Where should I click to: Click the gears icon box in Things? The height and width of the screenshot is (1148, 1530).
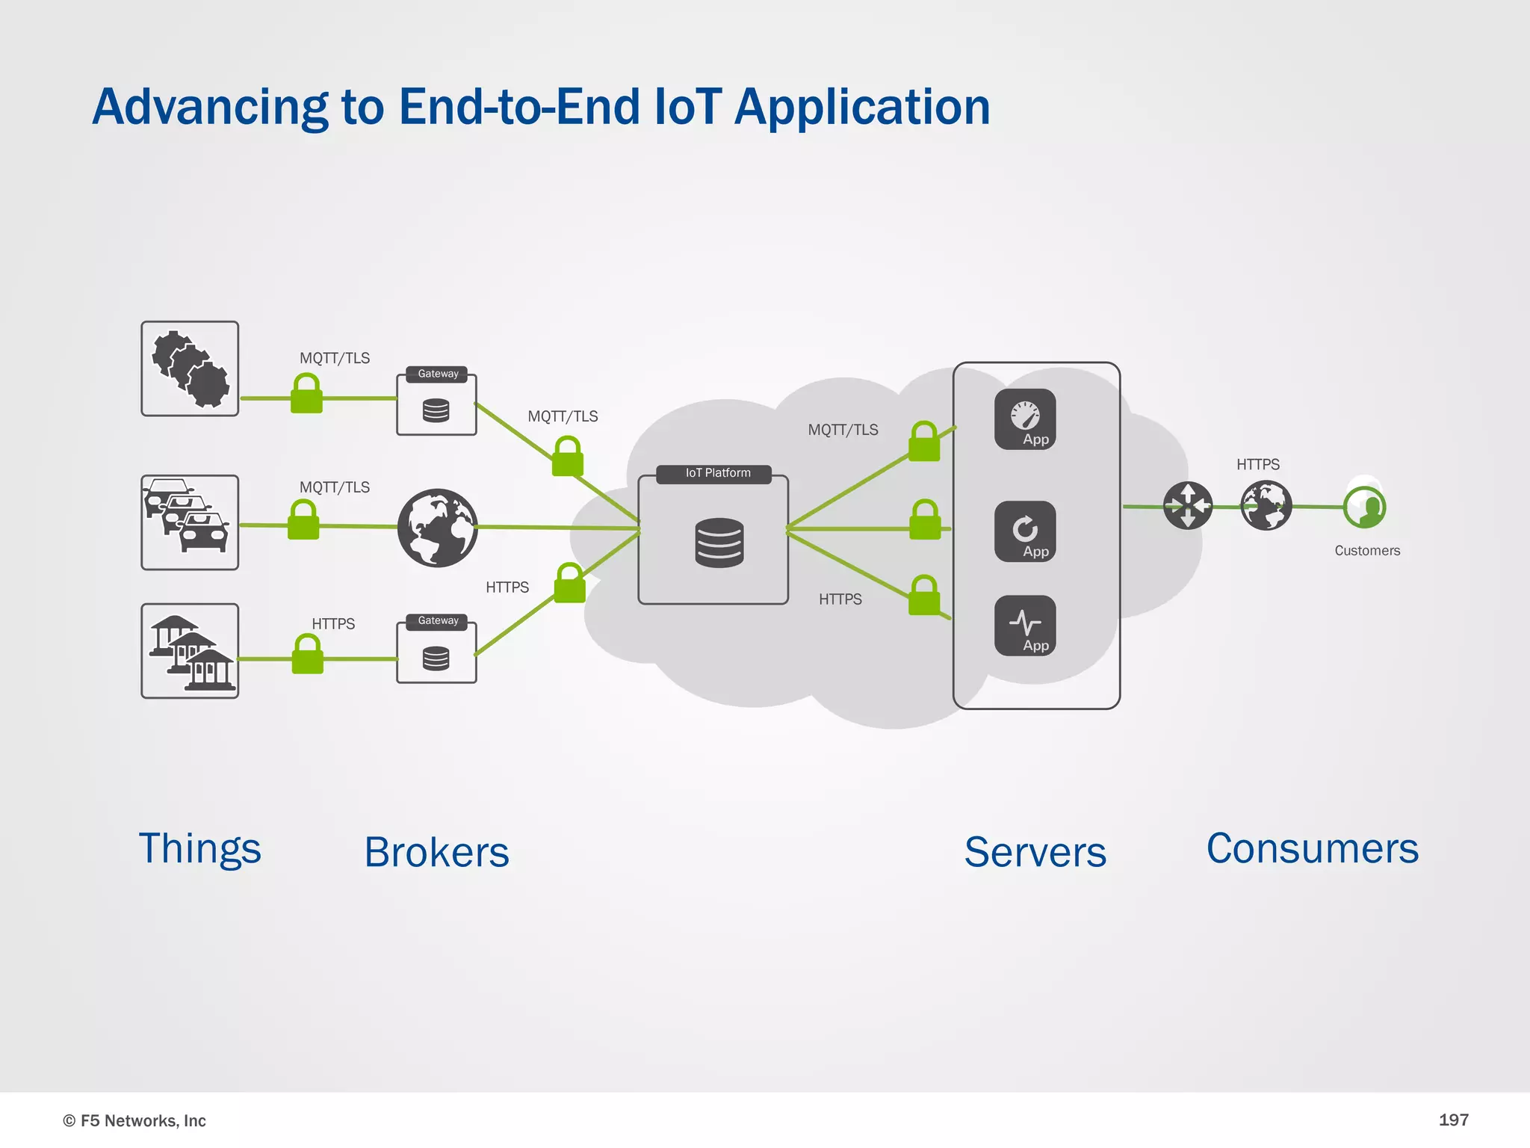190,368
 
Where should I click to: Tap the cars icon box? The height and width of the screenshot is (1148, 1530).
190,522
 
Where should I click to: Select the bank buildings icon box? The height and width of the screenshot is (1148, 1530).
190,651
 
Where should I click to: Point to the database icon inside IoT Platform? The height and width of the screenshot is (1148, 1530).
719,543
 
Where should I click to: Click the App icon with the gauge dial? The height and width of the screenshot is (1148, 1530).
1025,419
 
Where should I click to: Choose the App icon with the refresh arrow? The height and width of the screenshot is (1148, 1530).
1025,531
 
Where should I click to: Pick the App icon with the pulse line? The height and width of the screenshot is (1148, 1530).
1025,626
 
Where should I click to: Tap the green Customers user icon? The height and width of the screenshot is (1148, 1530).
1364,507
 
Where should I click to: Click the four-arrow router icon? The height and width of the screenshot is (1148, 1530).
1188,506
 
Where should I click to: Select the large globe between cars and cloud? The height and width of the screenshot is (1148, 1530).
438,528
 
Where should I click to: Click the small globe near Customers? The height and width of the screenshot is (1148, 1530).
1266,506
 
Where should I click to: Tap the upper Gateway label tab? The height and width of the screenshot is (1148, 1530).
437,374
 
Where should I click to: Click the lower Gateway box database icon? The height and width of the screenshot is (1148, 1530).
436,658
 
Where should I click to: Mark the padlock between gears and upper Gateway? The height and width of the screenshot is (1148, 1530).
306,394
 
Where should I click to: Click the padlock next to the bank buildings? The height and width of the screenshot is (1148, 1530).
307,655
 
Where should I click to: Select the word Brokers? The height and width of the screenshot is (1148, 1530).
436,852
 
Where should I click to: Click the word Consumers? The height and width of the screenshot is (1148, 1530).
1312,849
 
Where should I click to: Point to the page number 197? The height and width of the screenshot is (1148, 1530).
1453,1120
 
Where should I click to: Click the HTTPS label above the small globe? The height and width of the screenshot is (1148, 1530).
1257,465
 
